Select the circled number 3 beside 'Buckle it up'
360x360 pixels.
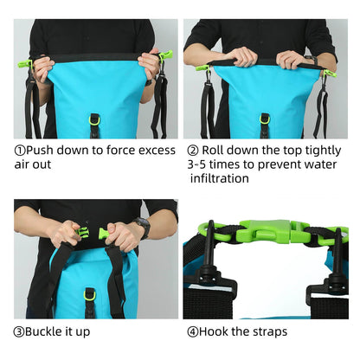[x=19, y=331]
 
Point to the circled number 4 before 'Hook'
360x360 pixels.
[x=191, y=331]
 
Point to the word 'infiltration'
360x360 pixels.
[x=220, y=179]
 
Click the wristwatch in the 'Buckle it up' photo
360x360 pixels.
[x=143, y=228]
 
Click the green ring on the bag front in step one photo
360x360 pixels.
[x=94, y=119]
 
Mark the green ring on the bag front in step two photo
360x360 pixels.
[x=265, y=119]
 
